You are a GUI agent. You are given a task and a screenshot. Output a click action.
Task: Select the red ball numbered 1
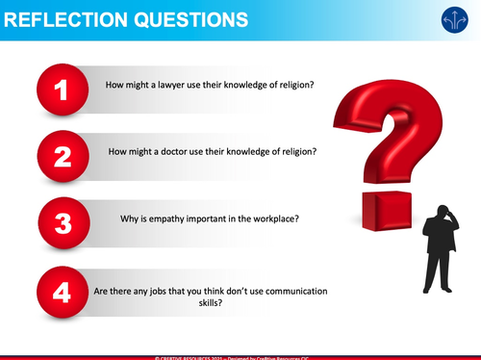[x=63, y=91]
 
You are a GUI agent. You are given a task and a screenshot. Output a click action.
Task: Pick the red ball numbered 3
[x=63, y=223]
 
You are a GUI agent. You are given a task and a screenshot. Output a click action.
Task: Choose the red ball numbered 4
[x=63, y=292]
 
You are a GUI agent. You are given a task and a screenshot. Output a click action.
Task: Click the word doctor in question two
[x=171, y=151]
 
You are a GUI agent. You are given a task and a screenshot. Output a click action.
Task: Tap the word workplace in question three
[x=271, y=218]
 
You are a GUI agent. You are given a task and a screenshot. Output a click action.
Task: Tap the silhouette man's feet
[x=439, y=288]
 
